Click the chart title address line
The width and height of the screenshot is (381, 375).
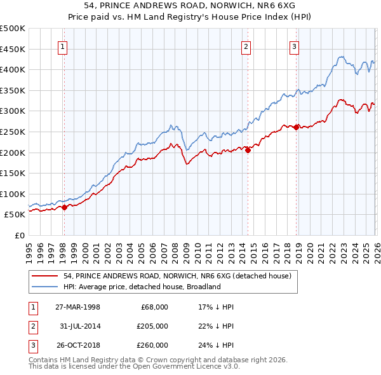click(190, 5)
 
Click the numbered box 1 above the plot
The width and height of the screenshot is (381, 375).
click(63, 45)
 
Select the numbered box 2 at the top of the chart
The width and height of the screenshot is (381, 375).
click(246, 45)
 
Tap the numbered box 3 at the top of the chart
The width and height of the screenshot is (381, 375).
click(295, 45)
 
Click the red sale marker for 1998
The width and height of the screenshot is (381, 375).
click(64, 207)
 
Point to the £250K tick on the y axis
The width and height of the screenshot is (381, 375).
click(13, 132)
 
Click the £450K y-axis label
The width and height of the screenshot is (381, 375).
click(13, 49)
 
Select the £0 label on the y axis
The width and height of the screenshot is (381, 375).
click(20, 235)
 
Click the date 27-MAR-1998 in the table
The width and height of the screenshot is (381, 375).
click(77, 307)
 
